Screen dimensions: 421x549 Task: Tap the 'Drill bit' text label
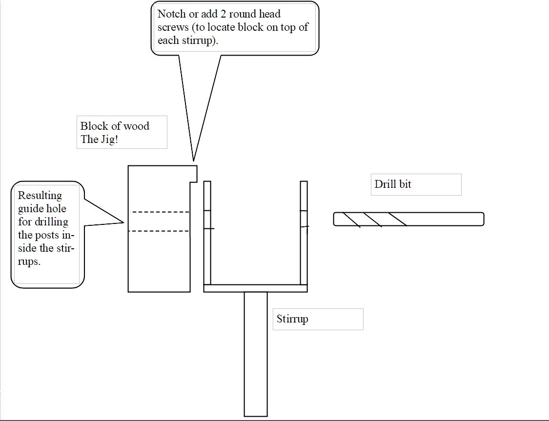393,184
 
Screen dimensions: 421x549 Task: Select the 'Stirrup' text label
292,319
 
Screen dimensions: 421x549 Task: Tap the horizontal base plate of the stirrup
255,288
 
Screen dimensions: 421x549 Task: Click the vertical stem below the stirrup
256,354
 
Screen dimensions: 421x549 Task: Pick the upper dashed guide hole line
161,212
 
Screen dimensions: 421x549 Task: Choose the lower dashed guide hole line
161,231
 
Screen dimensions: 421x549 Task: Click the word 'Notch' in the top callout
172,14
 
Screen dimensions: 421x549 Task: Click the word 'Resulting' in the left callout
40,196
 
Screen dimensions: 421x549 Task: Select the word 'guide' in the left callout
30,209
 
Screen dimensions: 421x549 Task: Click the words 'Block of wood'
115,126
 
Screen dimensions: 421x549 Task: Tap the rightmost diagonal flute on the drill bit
397,219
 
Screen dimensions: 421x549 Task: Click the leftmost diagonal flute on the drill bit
351,220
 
